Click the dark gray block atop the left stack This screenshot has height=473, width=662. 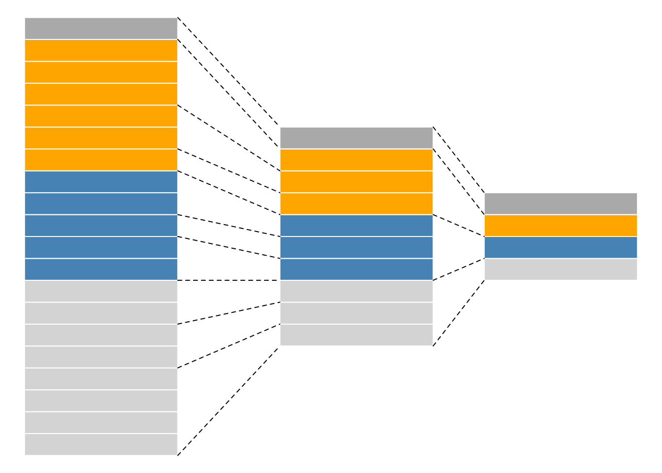tap(101, 28)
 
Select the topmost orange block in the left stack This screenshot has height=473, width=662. tap(101, 50)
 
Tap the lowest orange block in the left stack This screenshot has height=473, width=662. tap(101, 160)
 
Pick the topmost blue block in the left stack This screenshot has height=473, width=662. tap(101, 182)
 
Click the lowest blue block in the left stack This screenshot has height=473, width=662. tap(101, 269)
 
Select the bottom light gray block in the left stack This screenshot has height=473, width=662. tap(101, 444)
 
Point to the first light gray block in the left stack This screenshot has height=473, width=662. tap(101, 291)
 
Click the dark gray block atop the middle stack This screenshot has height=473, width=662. tap(356, 138)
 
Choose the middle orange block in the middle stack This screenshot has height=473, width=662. tap(356, 182)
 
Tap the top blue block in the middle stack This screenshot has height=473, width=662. tap(356, 225)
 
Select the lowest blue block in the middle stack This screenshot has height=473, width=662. tap(356, 269)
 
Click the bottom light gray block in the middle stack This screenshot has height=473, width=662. tap(356, 335)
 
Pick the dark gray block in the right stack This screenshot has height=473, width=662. tap(561, 203)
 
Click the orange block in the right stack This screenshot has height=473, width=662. tap(561, 225)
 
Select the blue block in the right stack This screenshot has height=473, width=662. tap(561, 247)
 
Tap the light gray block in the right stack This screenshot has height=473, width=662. tap(561, 269)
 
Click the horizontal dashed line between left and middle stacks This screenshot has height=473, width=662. tap(229, 280)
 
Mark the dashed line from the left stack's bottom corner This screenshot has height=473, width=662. tap(229, 401)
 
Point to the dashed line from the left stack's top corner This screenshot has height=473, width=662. tap(229, 72)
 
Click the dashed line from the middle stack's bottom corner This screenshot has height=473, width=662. tap(459, 313)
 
